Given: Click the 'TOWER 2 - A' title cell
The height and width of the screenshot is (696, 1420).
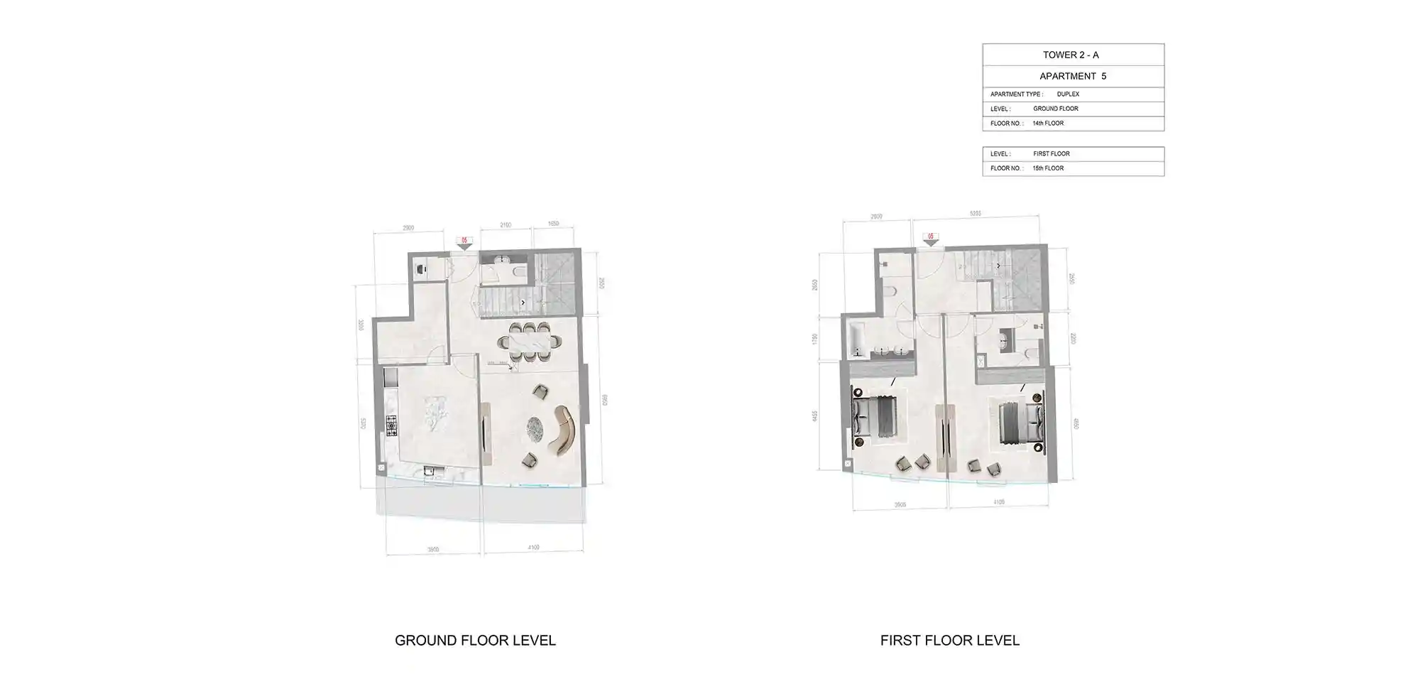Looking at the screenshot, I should coord(1071,55).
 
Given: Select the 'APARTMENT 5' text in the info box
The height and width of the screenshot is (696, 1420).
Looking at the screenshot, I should coord(1072,76).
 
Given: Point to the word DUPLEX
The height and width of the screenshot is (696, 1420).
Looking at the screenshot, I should coord(1068,94).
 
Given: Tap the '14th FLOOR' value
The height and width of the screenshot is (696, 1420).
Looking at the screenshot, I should coord(1048,124).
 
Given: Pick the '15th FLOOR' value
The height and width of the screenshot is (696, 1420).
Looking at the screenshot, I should coord(1048,168).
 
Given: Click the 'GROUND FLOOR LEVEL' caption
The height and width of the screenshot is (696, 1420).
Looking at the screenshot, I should coord(475,641).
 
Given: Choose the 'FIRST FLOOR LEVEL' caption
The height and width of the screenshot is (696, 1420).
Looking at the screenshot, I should coord(949,641).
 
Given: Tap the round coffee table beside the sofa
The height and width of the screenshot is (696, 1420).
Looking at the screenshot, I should coord(535,428).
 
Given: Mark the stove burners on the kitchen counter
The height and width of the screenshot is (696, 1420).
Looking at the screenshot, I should coord(391,424).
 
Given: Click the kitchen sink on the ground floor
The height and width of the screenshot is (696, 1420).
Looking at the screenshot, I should coord(428,470).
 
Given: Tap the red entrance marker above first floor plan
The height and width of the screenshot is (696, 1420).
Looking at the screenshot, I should coord(930,238).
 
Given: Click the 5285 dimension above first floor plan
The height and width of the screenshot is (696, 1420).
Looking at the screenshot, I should coord(975,213).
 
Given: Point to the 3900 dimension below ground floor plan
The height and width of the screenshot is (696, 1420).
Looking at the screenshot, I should coord(433,550).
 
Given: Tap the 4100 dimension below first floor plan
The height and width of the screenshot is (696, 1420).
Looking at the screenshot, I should coord(998,502).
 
